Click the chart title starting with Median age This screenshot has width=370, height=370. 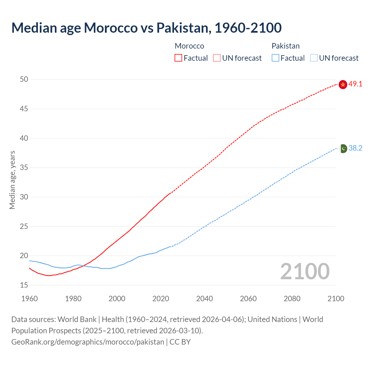pyautogui.click(x=146, y=28)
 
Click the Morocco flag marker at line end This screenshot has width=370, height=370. pyautogui.click(x=343, y=84)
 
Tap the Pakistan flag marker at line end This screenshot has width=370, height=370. pyautogui.click(x=343, y=149)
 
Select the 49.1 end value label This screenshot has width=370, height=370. pyautogui.click(x=355, y=84)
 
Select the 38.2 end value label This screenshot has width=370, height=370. pyautogui.click(x=355, y=148)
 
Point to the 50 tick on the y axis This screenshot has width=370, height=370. pyautogui.click(x=24, y=79)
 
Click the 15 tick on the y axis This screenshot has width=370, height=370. pyautogui.click(x=24, y=285)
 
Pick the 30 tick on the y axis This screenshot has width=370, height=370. pyautogui.click(x=24, y=197)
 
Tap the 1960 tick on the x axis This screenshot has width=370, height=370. pyautogui.click(x=29, y=299)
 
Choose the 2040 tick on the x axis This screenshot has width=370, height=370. pyautogui.click(x=204, y=299)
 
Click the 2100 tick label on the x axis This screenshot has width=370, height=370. pyautogui.click(x=336, y=299)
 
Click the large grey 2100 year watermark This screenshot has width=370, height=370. pyautogui.click(x=305, y=271)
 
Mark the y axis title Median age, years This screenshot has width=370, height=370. pyautogui.click(x=12, y=180)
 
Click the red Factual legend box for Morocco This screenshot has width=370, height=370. pyautogui.click(x=178, y=58)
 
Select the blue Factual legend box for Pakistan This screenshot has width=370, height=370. pyautogui.click(x=275, y=58)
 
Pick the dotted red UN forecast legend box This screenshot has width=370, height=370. pyautogui.click(x=217, y=58)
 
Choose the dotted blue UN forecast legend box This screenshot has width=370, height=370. pyautogui.click(x=314, y=58)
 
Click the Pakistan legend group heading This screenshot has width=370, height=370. pyautogui.click(x=285, y=46)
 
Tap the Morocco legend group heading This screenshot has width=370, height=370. pyautogui.click(x=189, y=46)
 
